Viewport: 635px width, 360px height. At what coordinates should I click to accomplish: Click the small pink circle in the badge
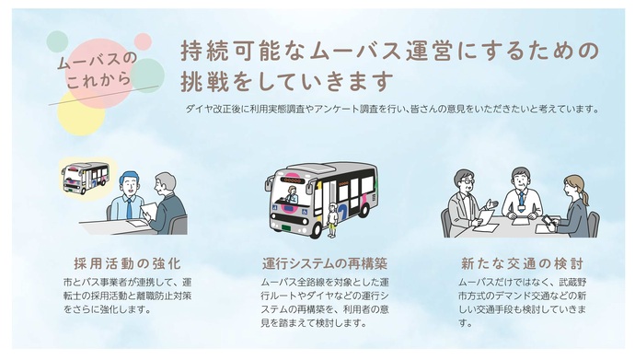143,41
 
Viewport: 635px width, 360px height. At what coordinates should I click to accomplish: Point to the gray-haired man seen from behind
167,203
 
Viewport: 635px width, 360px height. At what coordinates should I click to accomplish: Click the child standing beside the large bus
332,220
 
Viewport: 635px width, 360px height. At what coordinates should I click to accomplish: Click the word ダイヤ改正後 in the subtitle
209,109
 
